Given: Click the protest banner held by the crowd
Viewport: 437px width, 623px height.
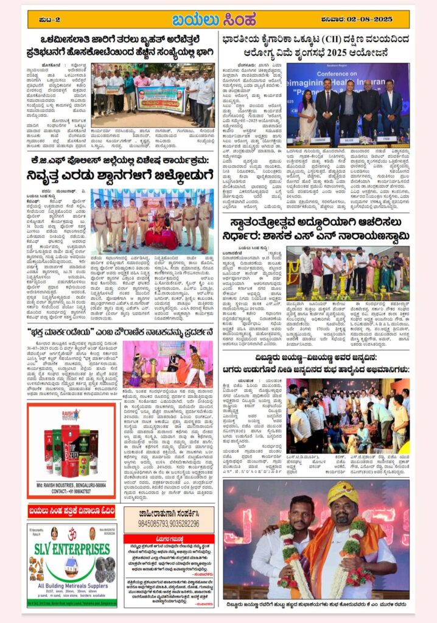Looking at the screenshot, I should click(161, 98).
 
